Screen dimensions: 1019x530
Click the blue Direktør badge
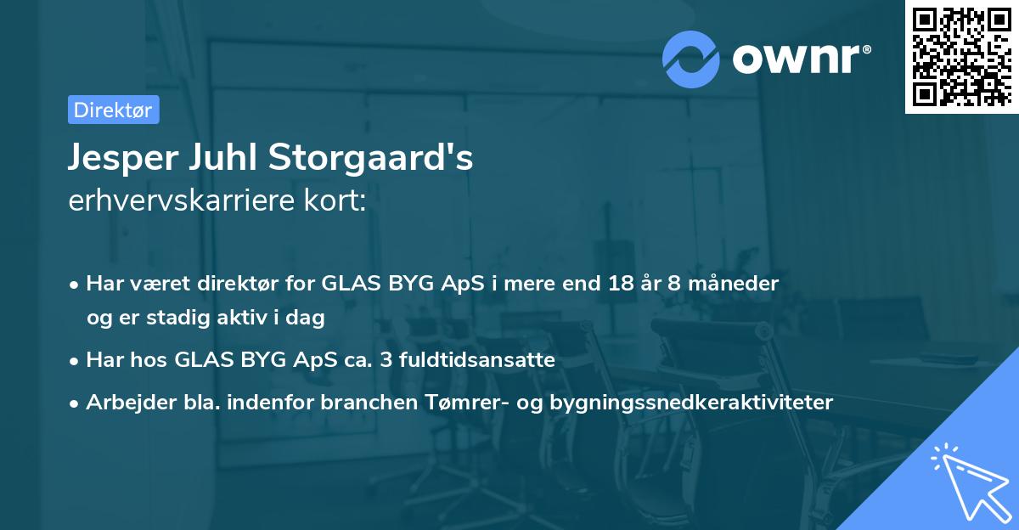point(114,110)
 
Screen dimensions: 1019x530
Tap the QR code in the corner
point(962,57)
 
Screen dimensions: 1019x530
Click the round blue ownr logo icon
point(690,59)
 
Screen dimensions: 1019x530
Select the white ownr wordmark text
point(796,59)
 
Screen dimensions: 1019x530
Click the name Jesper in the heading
point(123,158)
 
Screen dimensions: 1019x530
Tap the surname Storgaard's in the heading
point(370,157)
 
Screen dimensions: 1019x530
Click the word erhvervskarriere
point(182,200)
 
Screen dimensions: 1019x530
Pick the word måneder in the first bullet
point(734,283)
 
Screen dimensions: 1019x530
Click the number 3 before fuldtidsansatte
point(386,359)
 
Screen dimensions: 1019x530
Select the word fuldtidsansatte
point(477,359)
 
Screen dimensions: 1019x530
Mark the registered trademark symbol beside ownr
point(867,49)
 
